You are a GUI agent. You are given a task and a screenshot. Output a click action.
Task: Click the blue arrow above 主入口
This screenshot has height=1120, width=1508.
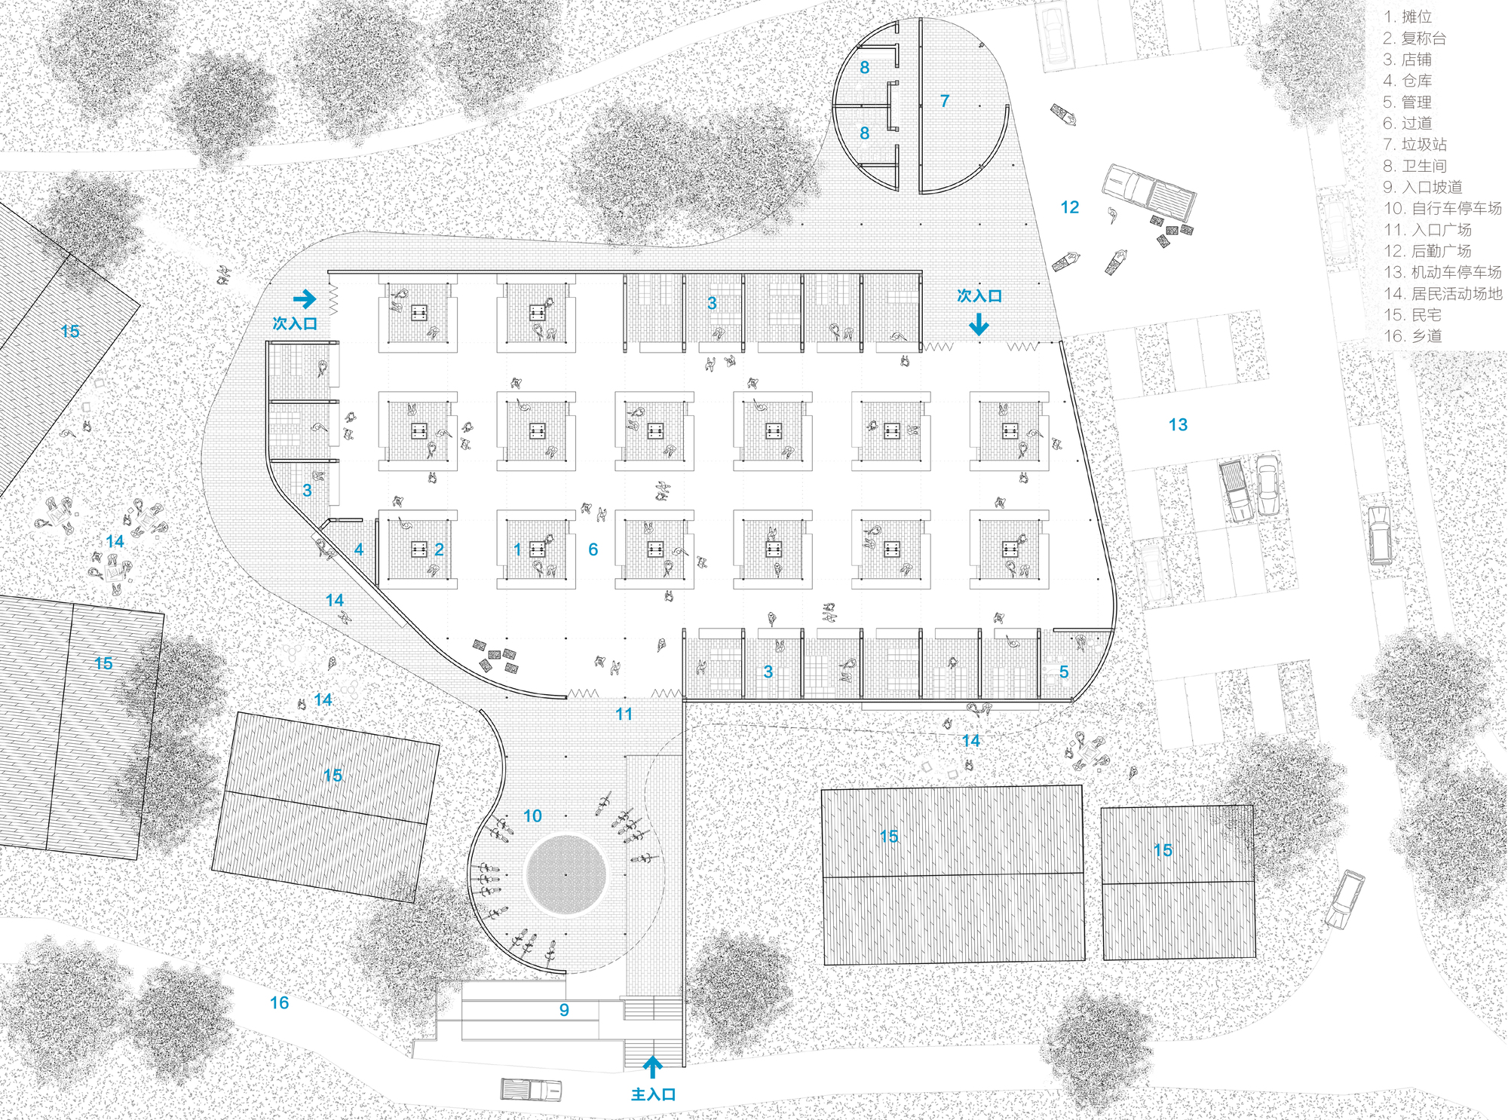click(x=653, y=1066)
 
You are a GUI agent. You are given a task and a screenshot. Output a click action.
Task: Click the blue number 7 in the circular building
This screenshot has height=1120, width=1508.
click(x=945, y=101)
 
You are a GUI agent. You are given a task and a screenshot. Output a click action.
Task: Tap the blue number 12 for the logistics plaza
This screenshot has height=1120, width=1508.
click(x=1070, y=207)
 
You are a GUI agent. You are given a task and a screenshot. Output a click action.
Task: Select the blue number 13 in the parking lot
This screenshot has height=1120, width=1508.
click(x=1178, y=425)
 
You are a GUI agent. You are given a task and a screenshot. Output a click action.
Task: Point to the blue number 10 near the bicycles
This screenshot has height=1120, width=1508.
click(x=532, y=816)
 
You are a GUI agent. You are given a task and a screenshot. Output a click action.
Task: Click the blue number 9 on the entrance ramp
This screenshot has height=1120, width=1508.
click(x=564, y=1010)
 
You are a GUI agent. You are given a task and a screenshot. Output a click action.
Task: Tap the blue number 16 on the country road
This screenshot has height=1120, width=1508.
click(x=279, y=1002)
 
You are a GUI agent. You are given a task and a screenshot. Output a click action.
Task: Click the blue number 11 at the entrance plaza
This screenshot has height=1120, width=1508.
click(x=624, y=714)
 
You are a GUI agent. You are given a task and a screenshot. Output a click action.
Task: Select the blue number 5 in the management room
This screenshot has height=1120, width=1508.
click(x=1064, y=672)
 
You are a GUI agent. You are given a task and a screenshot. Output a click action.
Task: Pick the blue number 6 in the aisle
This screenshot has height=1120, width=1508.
click(x=593, y=549)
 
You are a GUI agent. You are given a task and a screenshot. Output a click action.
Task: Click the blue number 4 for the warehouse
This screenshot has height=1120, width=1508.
click(x=359, y=549)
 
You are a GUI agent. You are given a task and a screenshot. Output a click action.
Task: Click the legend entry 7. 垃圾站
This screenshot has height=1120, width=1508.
click(x=1415, y=144)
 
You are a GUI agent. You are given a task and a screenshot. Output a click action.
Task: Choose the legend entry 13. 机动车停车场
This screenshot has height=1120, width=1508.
click(x=1442, y=272)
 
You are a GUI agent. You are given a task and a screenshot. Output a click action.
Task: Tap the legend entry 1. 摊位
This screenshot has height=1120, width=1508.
click(x=1407, y=17)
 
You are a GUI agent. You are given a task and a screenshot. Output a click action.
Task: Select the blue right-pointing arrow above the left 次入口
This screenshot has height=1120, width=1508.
click(x=305, y=299)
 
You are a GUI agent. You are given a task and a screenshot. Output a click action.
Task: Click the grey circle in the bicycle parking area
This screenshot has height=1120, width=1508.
click(x=565, y=875)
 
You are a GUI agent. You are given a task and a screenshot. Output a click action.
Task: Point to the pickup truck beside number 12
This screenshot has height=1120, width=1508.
click(x=1149, y=193)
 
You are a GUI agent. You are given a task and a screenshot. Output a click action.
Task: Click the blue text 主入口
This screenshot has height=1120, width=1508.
click(x=653, y=1094)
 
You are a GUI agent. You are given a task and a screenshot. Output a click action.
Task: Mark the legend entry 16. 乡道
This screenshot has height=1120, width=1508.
click(x=1412, y=336)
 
